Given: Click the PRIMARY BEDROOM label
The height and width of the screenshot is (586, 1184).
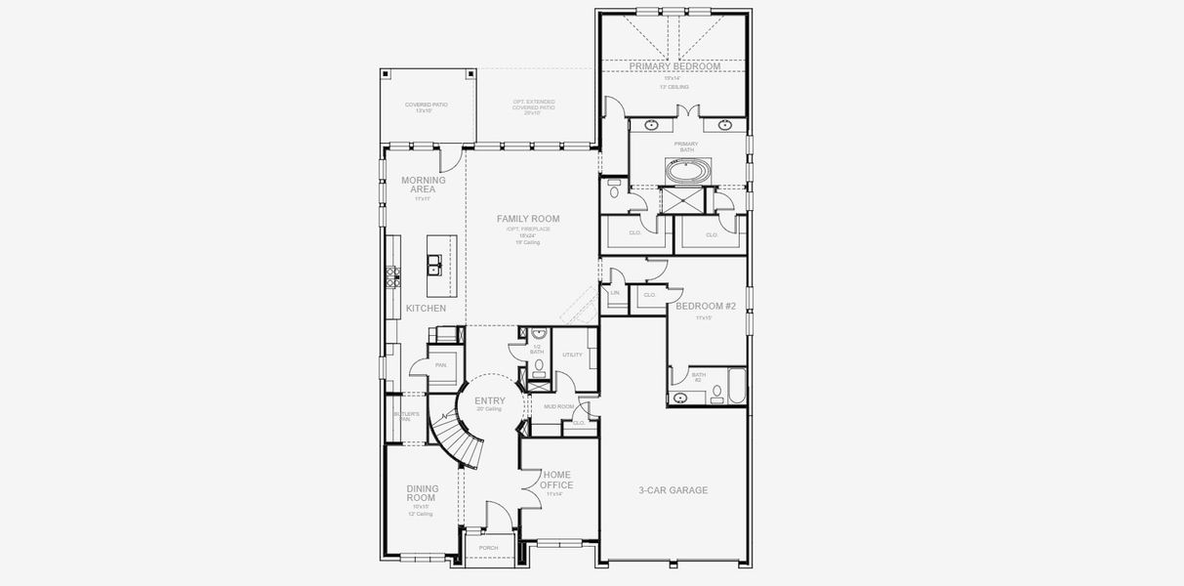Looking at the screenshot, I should pos(674,66).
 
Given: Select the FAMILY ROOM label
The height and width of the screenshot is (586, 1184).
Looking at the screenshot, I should pos(528,219).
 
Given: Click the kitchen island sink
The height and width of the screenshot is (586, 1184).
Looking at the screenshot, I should pos(432,265).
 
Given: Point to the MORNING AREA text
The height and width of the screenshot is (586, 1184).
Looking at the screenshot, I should pos(424,185).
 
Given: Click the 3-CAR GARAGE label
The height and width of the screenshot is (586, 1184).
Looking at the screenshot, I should pos(673,490).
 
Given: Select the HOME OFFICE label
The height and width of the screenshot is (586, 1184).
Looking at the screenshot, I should pos(557,480).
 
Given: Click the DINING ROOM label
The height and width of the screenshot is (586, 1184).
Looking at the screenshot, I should pos(422,493).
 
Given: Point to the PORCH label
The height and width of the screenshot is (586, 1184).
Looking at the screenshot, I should pos(488,548).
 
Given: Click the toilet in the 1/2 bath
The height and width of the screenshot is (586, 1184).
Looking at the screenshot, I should pos(539,366).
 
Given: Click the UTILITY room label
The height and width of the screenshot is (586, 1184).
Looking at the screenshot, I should pos(572,355).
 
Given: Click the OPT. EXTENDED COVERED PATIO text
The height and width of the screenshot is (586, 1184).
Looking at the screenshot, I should pos(532,105).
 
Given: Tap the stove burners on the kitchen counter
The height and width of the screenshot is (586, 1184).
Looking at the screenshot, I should pos(393,277).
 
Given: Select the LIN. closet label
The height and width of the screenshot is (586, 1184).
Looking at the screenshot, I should pos(615,293).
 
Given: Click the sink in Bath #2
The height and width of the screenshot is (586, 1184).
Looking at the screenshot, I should pos(679,398).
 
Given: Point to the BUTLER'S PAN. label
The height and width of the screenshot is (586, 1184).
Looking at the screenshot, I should pos(406,416).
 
